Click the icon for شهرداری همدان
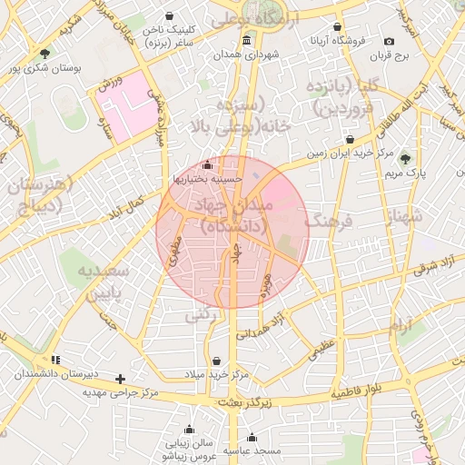tap(247, 42)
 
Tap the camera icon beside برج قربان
tap(390, 42)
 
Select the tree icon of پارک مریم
tap(405, 158)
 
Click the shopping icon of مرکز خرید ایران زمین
tap(351, 139)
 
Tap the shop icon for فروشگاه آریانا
tap(338, 27)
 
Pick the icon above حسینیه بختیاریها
tap(208, 165)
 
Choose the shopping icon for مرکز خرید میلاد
tap(216, 361)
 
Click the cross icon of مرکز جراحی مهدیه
tap(120, 379)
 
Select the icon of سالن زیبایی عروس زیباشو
tap(189, 430)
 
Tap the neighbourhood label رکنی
tap(201, 315)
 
